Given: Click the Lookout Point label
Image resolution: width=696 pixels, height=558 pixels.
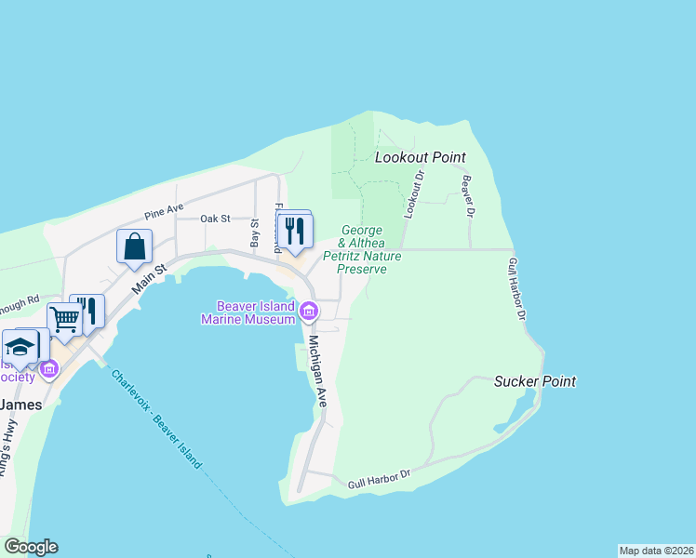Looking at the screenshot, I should click(x=420, y=158).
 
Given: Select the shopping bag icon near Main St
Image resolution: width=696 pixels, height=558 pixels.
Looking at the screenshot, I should click(x=134, y=246).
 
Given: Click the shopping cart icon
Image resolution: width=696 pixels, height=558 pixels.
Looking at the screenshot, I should click(x=64, y=319).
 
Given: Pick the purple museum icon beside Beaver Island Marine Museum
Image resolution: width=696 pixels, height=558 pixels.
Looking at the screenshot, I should click(x=306, y=311).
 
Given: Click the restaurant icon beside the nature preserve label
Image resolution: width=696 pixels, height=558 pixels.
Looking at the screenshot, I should click(x=296, y=231).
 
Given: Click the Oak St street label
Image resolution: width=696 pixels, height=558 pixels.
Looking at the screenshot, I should click(x=215, y=219).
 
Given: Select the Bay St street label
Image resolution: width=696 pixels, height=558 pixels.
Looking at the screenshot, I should click(x=255, y=234).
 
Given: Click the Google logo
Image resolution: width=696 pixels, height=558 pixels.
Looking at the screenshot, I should click(x=31, y=547).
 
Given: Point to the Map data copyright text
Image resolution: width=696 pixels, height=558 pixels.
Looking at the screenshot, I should click(x=656, y=551).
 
